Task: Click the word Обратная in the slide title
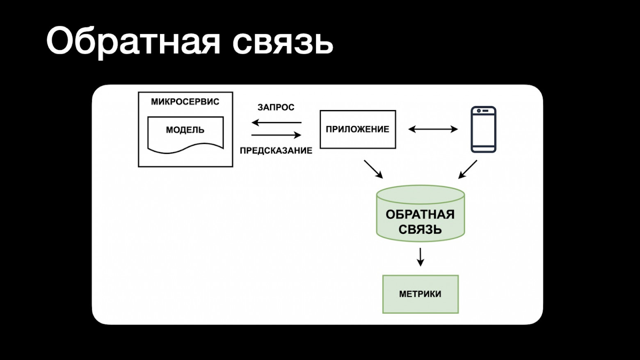coord(133,41)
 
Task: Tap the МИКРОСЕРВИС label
coord(185,102)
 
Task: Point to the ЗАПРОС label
coord(276,108)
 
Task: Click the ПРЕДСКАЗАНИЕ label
coord(276,151)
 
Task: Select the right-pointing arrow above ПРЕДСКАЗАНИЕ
coord(276,135)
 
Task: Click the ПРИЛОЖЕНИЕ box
coord(357,129)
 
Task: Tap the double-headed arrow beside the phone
coord(433,129)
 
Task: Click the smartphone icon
coord(483,130)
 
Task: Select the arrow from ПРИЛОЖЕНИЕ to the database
coord(373,169)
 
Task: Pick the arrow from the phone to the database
coord(468,169)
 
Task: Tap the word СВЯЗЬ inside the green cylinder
coord(420,229)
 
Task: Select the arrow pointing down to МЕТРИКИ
coord(420,257)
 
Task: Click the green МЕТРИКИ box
coord(420,294)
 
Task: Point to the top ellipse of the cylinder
coord(420,194)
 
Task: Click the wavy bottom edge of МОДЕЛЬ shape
coord(185,149)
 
